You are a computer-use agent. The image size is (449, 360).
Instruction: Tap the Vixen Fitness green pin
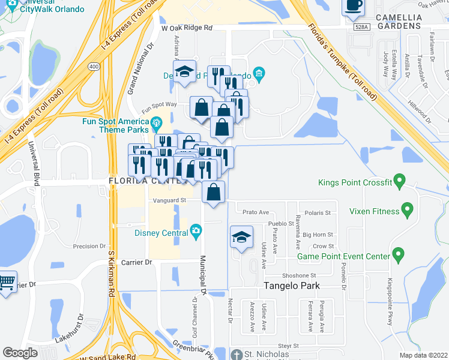click(408, 211)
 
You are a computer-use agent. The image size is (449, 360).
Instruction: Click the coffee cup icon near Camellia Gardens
click(353, 6)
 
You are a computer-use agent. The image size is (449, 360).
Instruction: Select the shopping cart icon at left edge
click(6, 281)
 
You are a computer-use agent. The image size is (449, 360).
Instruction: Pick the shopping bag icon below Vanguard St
click(214, 192)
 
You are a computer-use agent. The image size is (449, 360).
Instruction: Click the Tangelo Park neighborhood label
click(292, 286)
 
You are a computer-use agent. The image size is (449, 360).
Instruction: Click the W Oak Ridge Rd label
click(187, 28)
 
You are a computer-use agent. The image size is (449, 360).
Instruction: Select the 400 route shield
click(93, 65)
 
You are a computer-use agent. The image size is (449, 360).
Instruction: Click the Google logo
click(20, 353)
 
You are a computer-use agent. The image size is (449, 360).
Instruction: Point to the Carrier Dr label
click(137, 262)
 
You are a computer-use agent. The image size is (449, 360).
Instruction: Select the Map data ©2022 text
click(424, 355)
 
